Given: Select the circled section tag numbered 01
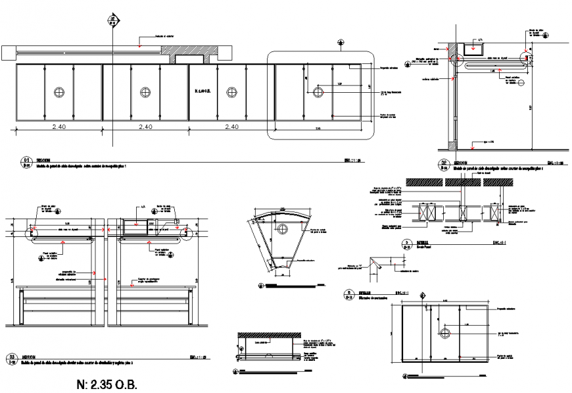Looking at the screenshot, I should [x=27, y=161].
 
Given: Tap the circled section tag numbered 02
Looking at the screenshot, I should [x=443, y=165].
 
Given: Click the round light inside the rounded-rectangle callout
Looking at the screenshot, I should [x=319, y=91].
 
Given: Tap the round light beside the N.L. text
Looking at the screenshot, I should [x=231, y=92].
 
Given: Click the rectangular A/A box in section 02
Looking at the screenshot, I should [x=473, y=47].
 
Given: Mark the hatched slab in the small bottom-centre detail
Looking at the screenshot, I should [x=268, y=334].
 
